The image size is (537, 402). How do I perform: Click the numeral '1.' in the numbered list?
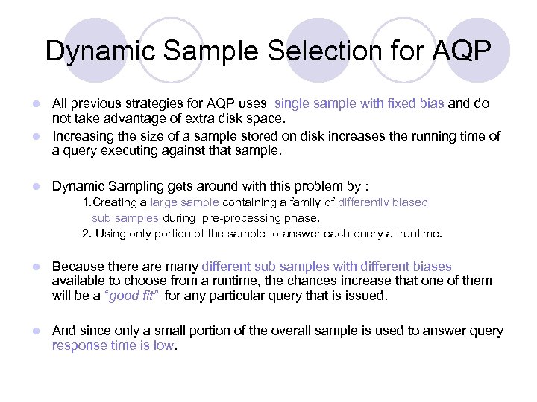click(x=87, y=202)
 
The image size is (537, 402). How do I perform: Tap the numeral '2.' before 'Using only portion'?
click(x=87, y=234)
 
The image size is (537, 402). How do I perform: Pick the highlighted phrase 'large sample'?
click(x=184, y=202)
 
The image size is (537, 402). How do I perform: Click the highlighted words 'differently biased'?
click(x=383, y=202)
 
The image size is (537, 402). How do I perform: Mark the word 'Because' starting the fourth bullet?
click(x=79, y=266)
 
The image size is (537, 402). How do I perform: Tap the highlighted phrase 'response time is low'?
click(x=112, y=345)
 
